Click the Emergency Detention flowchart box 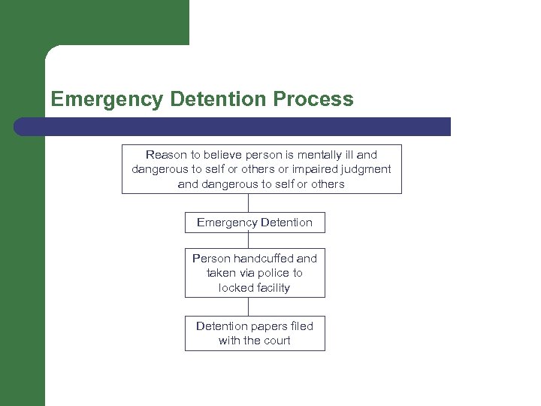tap(255, 223)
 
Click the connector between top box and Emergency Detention tap(249, 203)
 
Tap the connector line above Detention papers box tap(249, 306)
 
